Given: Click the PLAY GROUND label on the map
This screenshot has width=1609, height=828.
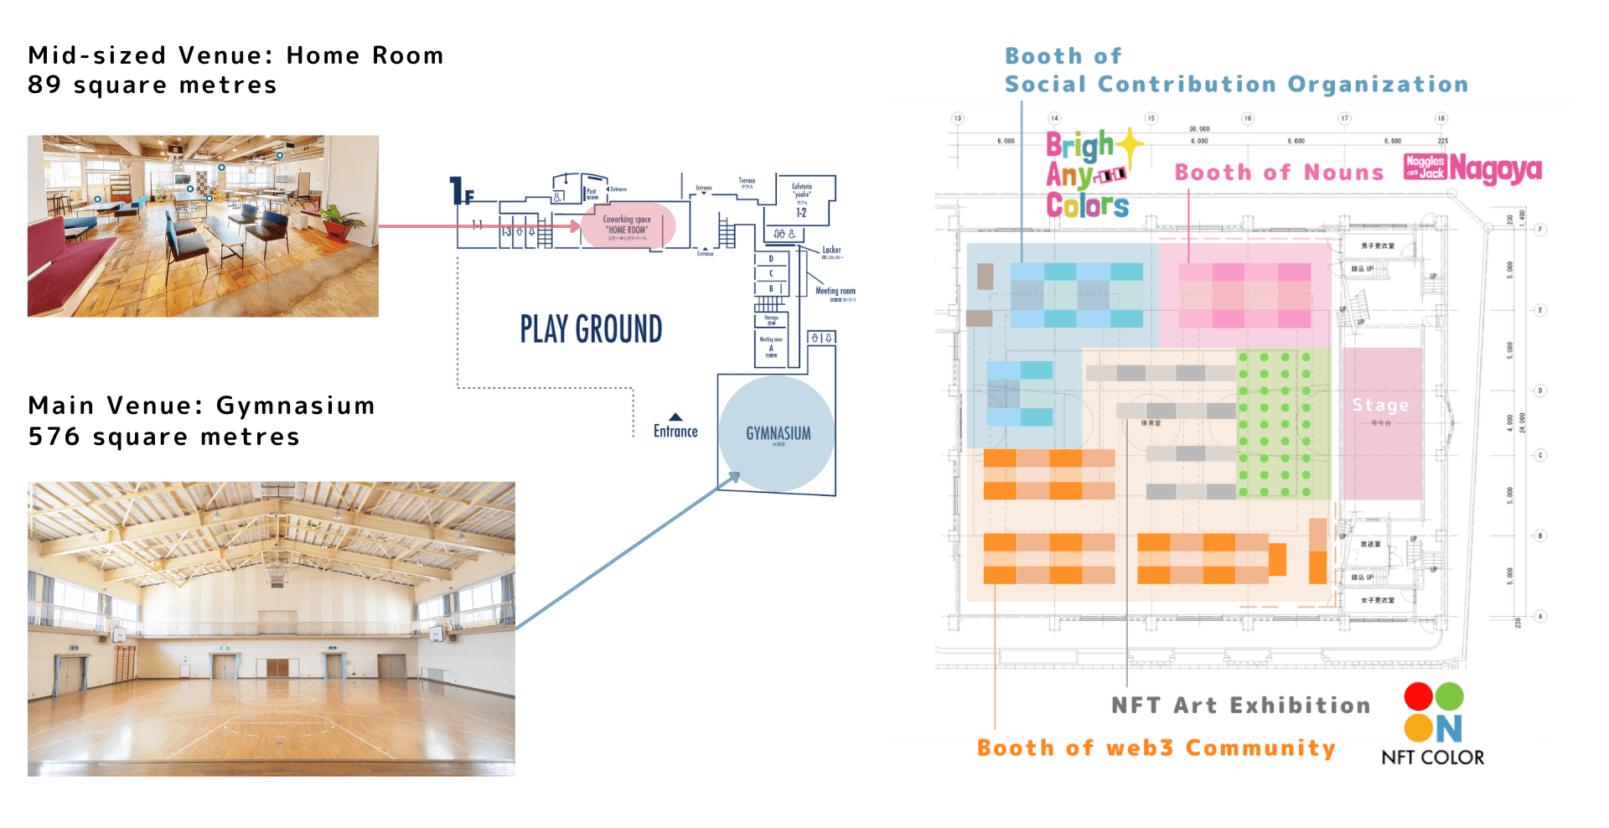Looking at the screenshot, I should pos(591,329).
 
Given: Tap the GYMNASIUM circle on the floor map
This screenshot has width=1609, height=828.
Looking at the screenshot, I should pos(777,432).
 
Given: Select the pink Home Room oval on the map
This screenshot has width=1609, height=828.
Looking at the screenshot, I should pos(627,225).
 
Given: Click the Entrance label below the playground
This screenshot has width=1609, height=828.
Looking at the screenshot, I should pos(675,430).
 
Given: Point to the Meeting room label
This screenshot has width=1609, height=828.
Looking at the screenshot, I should pos(835,292).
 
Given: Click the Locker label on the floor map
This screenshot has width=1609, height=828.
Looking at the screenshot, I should pos(831,250).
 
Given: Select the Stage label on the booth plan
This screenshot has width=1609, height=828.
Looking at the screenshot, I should pos(1380,406).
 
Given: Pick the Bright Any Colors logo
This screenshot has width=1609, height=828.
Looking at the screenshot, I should pos(1089,175).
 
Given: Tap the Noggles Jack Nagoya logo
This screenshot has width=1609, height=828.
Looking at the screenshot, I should pos(1472,168).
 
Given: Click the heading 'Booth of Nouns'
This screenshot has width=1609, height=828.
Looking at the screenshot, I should pos(1279,173).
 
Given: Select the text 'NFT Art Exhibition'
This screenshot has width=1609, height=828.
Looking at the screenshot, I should pos(1240,706).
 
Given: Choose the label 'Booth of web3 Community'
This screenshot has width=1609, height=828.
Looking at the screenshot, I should pos(1156,748).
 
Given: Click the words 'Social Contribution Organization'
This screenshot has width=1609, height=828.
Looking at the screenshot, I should pos(1236,85).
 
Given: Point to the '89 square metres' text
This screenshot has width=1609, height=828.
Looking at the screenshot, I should pos(152,85).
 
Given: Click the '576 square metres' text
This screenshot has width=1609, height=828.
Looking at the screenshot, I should pos(163,437).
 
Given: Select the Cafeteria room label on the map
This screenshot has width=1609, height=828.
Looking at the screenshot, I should pos(802,191).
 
